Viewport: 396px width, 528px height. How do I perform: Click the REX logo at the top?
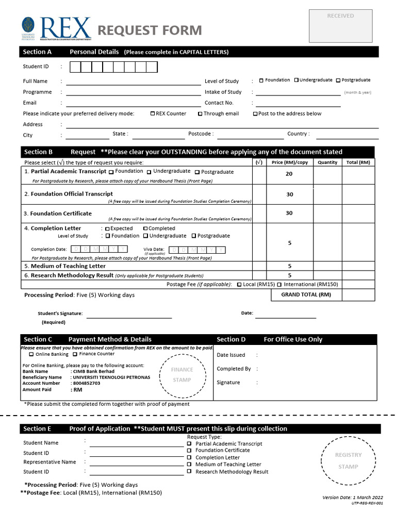tap(57, 28)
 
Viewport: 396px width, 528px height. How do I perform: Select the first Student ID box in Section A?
tap(75, 67)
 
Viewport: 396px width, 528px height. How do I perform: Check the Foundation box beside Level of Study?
tap(261, 80)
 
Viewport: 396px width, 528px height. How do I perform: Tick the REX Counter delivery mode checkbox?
tap(153, 114)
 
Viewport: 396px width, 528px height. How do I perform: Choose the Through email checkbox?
tap(200, 114)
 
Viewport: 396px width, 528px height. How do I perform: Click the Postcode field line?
tap(250, 138)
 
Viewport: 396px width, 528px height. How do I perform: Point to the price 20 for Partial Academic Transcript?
tap(289, 174)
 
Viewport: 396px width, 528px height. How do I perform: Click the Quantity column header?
tap(327, 162)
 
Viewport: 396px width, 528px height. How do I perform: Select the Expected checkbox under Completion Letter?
tap(107, 229)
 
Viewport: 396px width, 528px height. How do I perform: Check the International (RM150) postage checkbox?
tap(279, 285)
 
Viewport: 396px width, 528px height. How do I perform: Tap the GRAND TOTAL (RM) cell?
tap(306, 295)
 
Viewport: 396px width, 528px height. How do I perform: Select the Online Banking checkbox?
tap(31, 354)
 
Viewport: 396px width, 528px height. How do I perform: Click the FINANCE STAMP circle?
tap(182, 375)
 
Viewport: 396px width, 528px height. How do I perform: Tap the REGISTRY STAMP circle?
tap(349, 460)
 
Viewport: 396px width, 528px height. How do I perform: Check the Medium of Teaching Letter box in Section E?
tap(189, 465)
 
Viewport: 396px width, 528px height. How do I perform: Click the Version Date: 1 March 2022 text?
tap(353, 498)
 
